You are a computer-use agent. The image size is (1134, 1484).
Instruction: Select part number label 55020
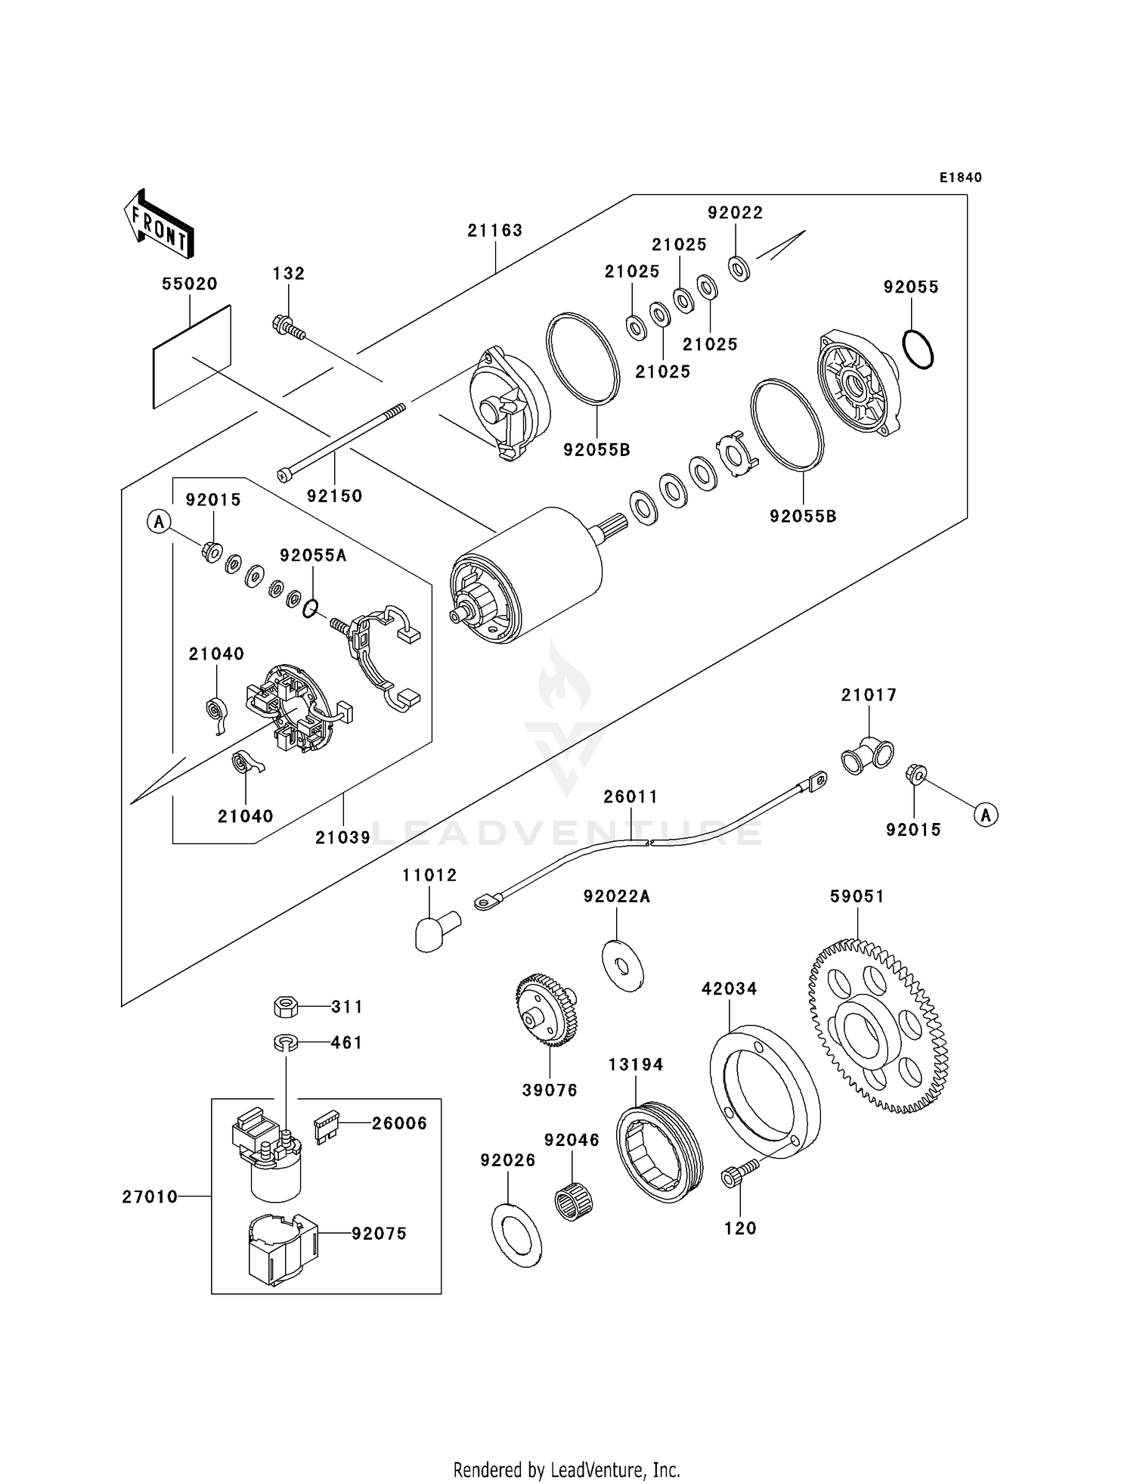pyautogui.click(x=189, y=284)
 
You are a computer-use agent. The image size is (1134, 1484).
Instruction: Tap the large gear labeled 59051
pyautogui.click(x=878, y=1026)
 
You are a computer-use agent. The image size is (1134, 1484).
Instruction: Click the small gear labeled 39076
pyautogui.click(x=546, y=1011)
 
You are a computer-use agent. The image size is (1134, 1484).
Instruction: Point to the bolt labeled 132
pyautogui.click(x=288, y=328)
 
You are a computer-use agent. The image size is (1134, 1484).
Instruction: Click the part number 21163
pyautogui.click(x=494, y=230)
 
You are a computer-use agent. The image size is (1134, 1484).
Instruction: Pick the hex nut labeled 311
pyautogui.click(x=285, y=1007)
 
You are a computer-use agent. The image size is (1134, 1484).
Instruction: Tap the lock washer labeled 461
pyautogui.click(x=285, y=1042)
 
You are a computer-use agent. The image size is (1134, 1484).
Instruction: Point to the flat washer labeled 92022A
pyautogui.click(x=622, y=966)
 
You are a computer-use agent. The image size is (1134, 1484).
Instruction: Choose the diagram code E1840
pyautogui.click(x=960, y=178)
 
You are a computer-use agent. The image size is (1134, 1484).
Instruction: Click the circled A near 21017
pyautogui.click(x=985, y=815)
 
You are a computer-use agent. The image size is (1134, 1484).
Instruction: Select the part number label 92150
pyautogui.click(x=334, y=496)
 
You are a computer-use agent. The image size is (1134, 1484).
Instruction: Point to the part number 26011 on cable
pyautogui.click(x=631, y=796)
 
